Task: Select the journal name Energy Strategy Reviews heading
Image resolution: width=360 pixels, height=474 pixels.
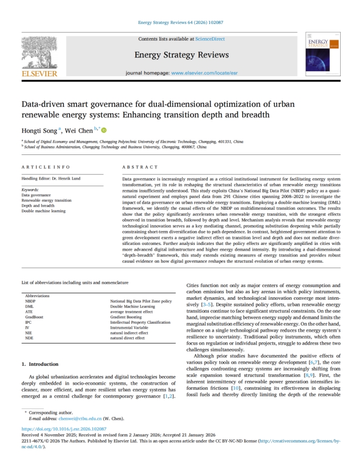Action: pyautogui.click(x=181, y=55)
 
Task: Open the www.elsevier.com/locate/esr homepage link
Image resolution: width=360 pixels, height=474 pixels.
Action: pyautogui.click(x=204, y=73)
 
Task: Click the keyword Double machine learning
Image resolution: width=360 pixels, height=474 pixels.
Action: pyautogui.click(x=43, y=211)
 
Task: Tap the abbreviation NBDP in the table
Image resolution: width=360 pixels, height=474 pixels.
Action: pyautogui.click(x=30, y=301)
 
